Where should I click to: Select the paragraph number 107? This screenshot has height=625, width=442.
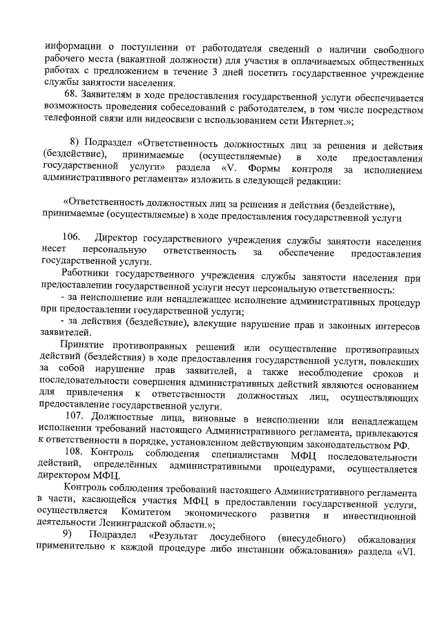[74, 415]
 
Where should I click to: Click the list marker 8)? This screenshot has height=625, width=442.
[76, 142]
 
